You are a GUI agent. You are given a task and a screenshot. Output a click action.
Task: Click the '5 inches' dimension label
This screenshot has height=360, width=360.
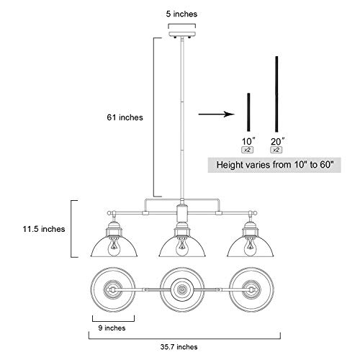click(181, 14)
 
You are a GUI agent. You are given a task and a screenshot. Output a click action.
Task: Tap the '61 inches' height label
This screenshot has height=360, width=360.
click(125, 117)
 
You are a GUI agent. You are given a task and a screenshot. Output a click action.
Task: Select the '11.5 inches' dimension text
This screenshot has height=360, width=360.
click(44, 229)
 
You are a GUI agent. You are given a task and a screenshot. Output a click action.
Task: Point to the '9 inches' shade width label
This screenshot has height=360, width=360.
click(112, 328)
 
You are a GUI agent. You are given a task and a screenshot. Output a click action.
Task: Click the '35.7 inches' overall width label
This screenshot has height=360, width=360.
click(179, 347)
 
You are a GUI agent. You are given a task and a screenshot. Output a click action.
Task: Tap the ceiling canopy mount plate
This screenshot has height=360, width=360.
click(182, 35)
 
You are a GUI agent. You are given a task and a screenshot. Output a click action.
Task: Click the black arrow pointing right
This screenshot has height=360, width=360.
click(216, 114)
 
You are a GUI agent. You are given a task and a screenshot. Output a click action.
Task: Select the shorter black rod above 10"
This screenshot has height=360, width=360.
click(248, 112)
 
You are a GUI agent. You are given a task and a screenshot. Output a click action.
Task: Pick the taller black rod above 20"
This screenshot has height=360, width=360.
click(276, 94)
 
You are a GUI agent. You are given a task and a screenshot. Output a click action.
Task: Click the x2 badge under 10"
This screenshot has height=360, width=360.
click(248, 150)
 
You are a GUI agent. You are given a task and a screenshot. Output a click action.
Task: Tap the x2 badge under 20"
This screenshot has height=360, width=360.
click(276, 150)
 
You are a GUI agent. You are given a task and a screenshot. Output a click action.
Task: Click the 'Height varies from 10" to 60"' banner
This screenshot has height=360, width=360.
click(274, 165)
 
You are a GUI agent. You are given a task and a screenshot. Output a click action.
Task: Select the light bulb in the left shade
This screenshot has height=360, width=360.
click(114, 247)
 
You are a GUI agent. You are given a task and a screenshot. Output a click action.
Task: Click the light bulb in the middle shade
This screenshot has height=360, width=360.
click(182, 247)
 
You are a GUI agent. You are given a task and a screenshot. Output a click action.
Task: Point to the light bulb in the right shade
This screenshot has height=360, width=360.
click(250, 247)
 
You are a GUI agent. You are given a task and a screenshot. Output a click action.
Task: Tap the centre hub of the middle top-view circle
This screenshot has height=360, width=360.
click(182, 289)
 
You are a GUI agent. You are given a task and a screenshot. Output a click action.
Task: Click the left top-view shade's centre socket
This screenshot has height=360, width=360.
click(112, 289)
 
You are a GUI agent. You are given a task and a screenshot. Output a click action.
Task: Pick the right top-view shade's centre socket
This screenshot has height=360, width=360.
click(251, 289)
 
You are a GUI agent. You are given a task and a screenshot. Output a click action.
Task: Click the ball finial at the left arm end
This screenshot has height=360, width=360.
click(109, 213)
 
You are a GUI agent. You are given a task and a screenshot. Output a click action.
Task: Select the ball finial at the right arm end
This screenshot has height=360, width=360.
click(255, 213)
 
